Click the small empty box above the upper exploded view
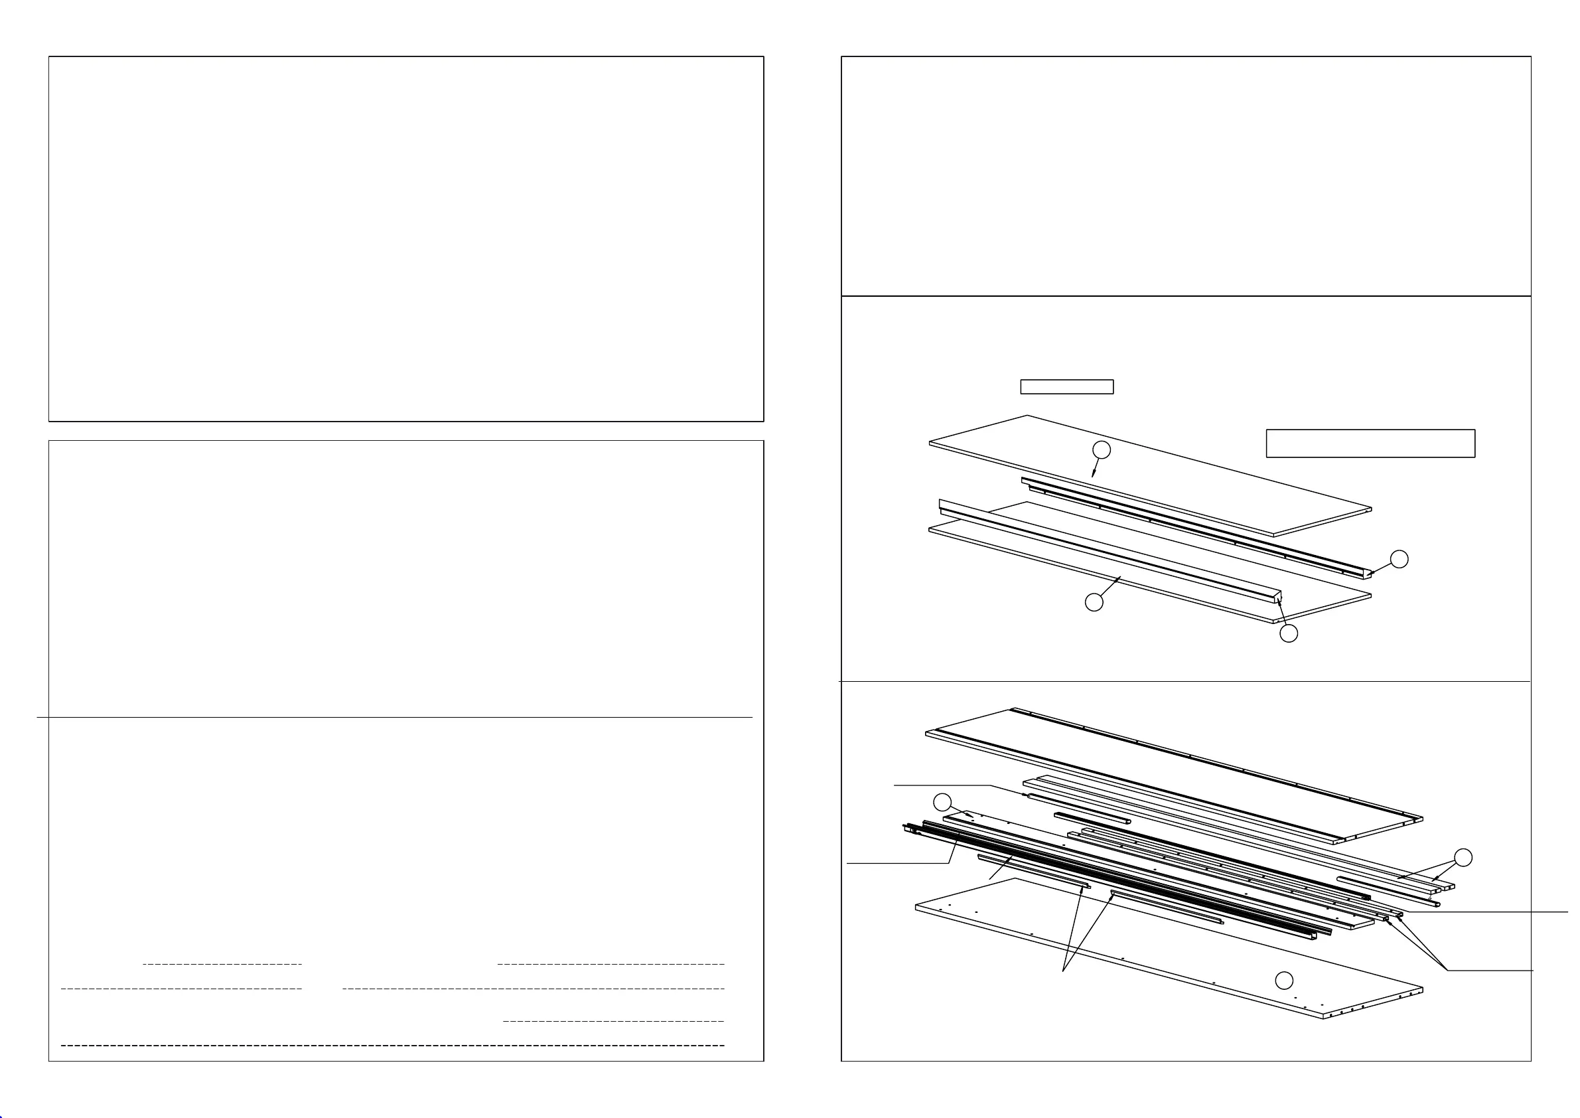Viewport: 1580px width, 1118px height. [1066, 387]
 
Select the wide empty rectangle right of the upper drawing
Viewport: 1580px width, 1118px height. [1370, 443]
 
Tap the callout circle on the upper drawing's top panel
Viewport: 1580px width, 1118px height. [1102, 449]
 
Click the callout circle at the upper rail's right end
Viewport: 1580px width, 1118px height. [1399, 559]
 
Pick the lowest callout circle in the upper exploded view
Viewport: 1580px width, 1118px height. [1288, 633]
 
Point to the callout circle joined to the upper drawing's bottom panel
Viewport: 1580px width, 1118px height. [1094, 602]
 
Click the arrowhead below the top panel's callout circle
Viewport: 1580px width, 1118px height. [1094, 474]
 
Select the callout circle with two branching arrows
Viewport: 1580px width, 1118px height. [1463, 858]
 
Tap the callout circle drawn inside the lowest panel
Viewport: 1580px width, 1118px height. [1284, 981]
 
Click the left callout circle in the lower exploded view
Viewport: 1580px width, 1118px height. [942, 802]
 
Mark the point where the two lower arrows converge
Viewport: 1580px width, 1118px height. [1064, 971]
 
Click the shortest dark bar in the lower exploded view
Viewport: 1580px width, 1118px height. [1092, 818]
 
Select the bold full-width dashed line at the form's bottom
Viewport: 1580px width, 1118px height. [392, 1045]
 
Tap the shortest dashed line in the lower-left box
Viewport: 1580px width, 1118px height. [222, 965]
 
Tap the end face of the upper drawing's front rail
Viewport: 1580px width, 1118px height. [1277, 596]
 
